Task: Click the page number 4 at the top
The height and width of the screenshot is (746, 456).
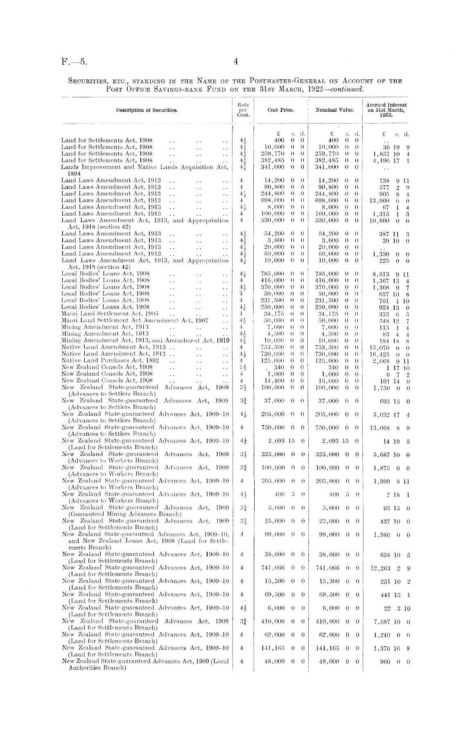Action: click(235, 62)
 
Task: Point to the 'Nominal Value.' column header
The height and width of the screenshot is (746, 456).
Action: click(335, 110)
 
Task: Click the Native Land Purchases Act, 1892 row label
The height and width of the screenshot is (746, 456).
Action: click(110, 361)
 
